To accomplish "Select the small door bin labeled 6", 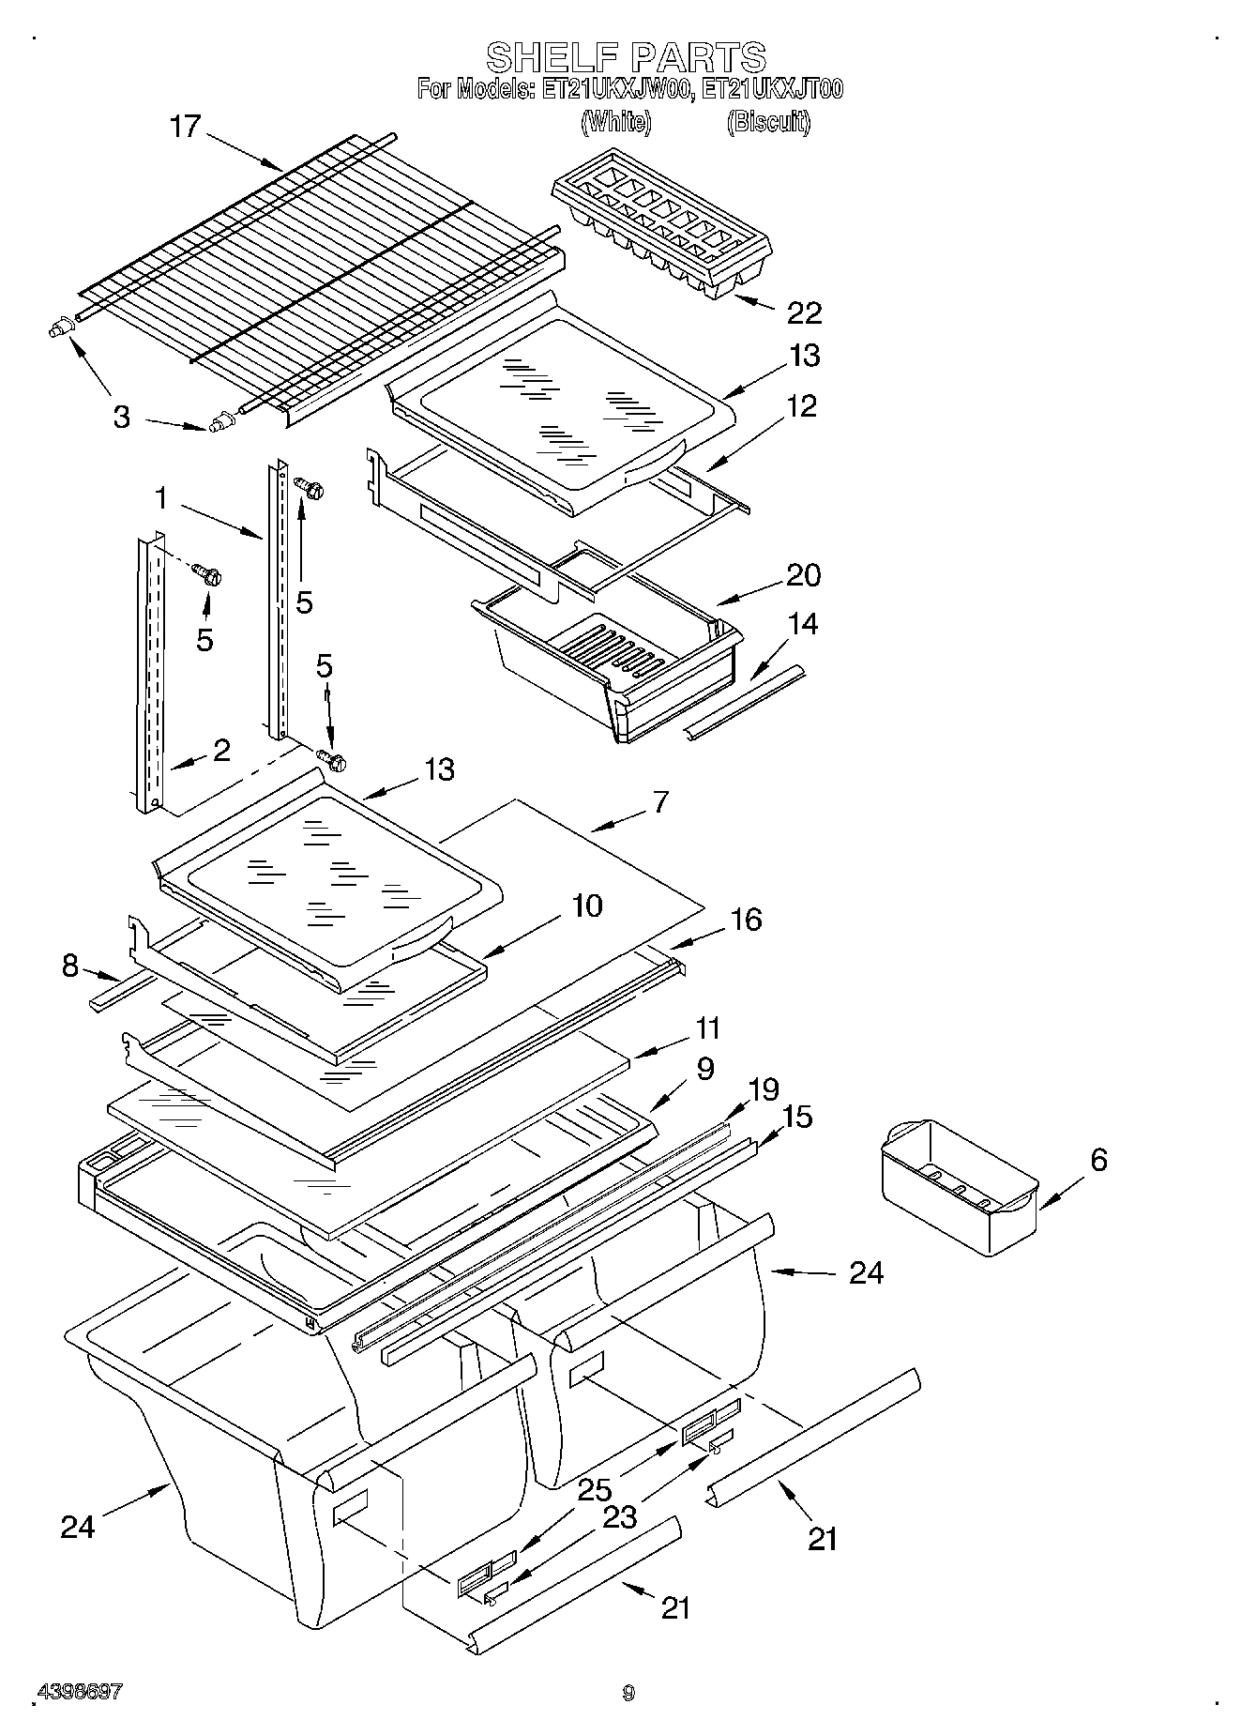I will tap(959, 1187).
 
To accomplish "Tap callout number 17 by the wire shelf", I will tap(185, 127).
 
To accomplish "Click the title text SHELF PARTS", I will tap(627, 57).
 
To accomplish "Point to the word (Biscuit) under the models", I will tap(768, 122).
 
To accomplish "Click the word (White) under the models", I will tap(616, 122).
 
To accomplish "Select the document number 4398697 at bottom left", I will tap(79, 1692).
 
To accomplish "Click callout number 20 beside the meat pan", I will tap(803, 574).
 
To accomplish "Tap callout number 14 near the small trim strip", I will tap(802, 623).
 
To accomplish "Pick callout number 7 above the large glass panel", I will tap(660, 802).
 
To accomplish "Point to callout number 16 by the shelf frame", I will tap(746, 920).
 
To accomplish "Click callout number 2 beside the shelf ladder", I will tap(221, 750).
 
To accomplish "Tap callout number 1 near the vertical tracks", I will tap(161, 498).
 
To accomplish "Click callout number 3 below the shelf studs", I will tap(121, 417).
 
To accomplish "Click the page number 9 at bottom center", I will tap(628, 1693).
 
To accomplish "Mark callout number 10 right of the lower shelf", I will tap(586, 906).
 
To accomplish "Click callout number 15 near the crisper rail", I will tap(796, 1117).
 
